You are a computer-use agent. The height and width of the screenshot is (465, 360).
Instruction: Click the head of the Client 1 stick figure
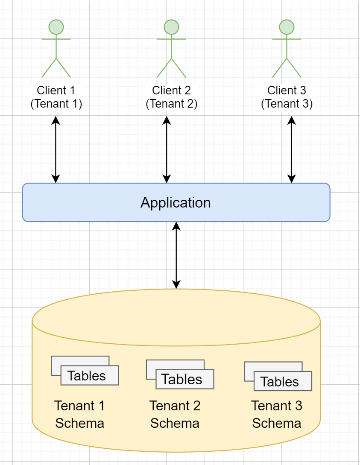pyautogui.click(x=56, y=27)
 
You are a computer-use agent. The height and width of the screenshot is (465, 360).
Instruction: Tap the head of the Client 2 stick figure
pyautogui.click(x=171, y=27)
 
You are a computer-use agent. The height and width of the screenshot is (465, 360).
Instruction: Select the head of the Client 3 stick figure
pyautogui.click(x=287, y=27)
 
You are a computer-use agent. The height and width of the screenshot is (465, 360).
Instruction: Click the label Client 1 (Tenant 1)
pyautogui.click(x=56, y=97)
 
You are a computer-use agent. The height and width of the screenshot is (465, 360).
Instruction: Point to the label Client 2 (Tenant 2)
pyautogui.click(x=171, y=97)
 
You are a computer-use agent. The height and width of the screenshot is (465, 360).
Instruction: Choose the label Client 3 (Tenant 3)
pyautogui.click(x=287, y=97)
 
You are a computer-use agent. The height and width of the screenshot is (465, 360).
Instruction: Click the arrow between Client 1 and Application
pyautogui.click(x=56, y=149)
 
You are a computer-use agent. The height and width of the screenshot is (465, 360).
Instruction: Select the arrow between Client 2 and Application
pyautogui.click(x=167, y=149)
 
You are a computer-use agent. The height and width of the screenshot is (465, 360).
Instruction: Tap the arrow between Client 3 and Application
pyautogui.click(x=292, y=149)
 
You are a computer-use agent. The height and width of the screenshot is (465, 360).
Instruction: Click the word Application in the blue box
pyautogui.click(x=176, y=202)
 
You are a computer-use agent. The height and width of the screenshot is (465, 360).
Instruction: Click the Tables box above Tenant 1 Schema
pyautogui.click(x=89, y=376)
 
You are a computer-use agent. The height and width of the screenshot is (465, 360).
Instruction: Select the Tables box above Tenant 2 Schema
pyautogui.click(x=184, y=379)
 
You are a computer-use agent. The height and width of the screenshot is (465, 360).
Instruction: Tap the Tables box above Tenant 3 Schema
pyautogui.click(x=282, y=381)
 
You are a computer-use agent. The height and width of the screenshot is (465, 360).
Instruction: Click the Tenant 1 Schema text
pyautogui.click(x=80, y=414)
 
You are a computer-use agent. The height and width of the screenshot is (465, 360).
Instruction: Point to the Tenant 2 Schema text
pyautogui.click(x=175, y=414)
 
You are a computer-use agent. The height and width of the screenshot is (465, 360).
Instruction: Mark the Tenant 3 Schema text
pyautogui.click(x=277, y=414)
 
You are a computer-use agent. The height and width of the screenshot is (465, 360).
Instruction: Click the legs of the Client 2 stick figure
pyautogui.click(x=171, y=68)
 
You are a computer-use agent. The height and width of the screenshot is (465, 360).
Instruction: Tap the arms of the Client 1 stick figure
pyautogui.click(x=56, y=39)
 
